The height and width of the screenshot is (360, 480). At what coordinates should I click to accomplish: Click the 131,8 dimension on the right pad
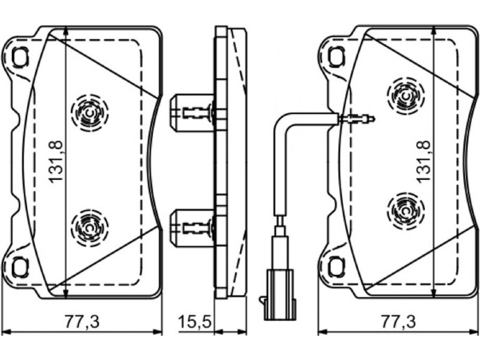[424, 161]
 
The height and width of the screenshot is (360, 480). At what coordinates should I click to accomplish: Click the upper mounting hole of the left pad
[20, 57]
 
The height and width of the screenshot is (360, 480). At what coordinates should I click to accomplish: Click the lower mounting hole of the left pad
[20, 267]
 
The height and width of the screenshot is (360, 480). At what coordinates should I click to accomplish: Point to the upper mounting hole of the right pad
[337, 57]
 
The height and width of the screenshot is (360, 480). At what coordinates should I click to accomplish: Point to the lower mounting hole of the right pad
[337, 267]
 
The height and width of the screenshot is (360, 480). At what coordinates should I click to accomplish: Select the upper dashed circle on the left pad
[90, 113]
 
